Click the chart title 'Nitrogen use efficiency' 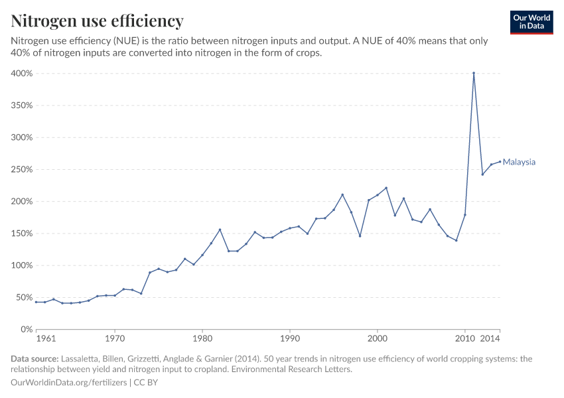pos(98,21)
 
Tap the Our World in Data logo pos(531,22)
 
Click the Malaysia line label pos(519,162)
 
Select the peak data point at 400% pos(474,73)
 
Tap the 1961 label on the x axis pos(45,339)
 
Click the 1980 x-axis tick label pos(202,339)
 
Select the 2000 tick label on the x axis pos(378,339)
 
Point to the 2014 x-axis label pos(490,339)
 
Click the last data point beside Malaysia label pos(500,161)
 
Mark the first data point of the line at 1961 pos(36,302)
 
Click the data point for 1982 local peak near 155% pos(220,230)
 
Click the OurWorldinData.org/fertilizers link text pos(70,382)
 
